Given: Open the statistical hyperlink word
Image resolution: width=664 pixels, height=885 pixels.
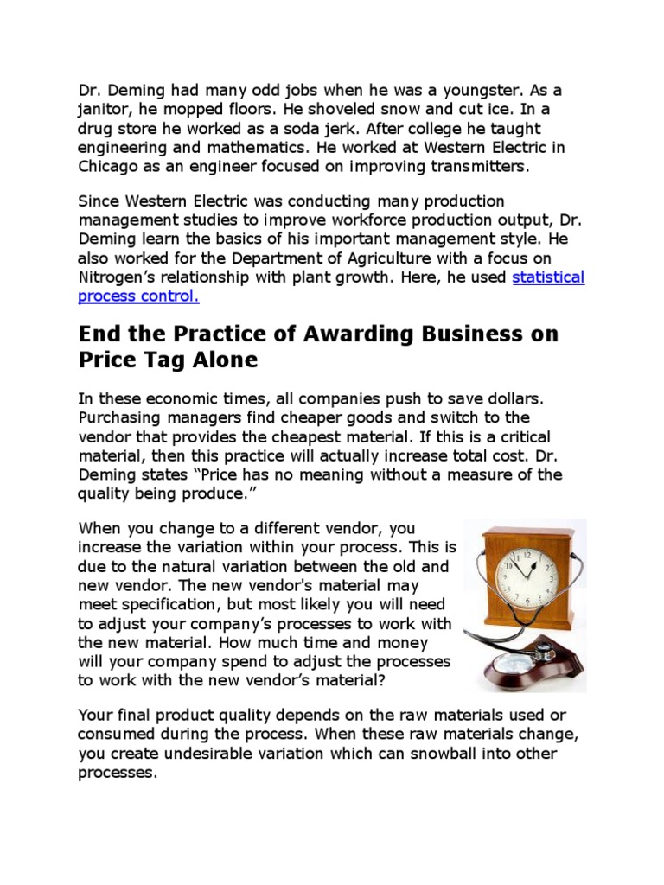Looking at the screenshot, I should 548,277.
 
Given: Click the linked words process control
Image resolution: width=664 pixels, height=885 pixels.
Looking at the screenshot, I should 138,296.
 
